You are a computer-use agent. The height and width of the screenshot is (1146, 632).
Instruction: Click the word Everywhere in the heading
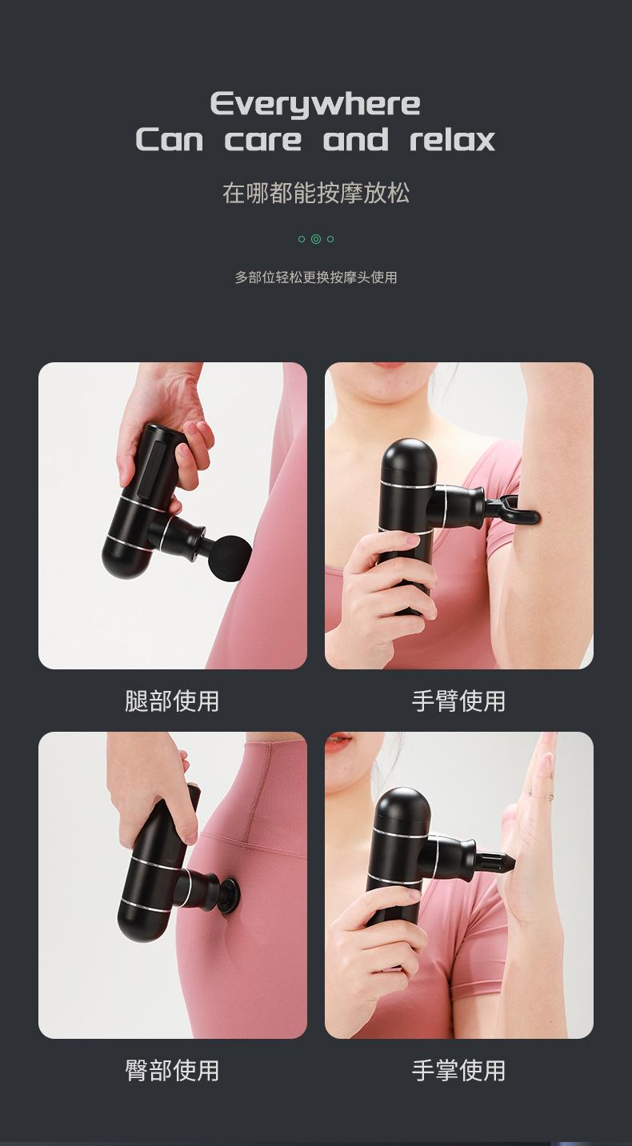pyautogui.click(x=315, y=105)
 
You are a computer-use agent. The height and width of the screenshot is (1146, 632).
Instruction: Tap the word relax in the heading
pyautogui.click(x=452, y=140)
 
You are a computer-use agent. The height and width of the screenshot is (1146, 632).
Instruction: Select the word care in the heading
pyautogui.click(x=263, y=141)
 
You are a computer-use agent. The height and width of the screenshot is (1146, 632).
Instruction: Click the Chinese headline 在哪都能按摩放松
pyautogui.click(x=316, y=193)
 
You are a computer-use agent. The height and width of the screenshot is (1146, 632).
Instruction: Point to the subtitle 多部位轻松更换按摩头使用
pyautogui.click(x=316, y=278)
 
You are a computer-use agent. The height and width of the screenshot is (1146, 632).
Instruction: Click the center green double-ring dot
pyautogui.click(x=316, y=239)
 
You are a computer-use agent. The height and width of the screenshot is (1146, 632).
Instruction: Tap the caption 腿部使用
pyautogui.click(x=172, y=701)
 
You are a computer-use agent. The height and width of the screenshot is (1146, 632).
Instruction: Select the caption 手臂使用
pyautogui.click(x=458, y=701)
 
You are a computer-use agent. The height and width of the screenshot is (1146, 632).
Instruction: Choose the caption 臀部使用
pyautogui.click(x=172, y=1070)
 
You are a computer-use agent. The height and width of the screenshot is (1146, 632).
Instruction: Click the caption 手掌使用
pyautogui.click(x=458, y=1070)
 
